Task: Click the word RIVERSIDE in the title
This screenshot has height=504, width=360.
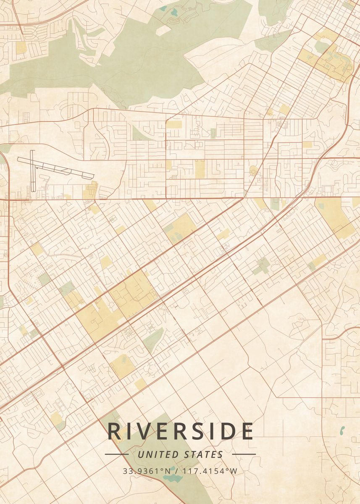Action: [x=180, y=431]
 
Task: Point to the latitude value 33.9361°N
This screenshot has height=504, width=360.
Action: [x=147, y=471]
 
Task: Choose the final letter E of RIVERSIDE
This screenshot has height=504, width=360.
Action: [x=247, y=431]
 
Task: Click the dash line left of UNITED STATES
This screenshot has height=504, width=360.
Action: [x=116, y=454]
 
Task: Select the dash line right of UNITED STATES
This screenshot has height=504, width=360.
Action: [x=244, y=454]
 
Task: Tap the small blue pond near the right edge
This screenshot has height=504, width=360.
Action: [x=342, y=430]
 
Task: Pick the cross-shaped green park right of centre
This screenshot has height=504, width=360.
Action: [x=262, y=266]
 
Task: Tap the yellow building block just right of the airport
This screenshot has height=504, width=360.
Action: [x=89, y=191]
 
